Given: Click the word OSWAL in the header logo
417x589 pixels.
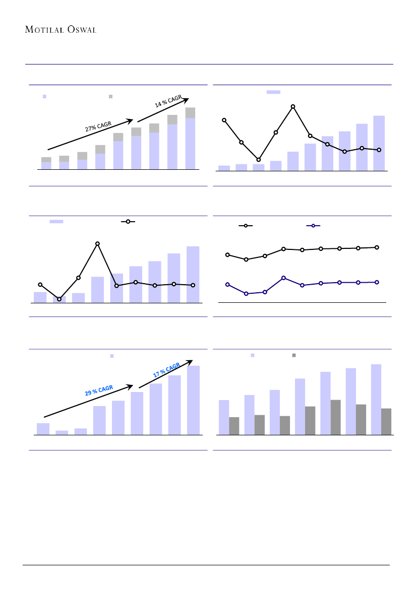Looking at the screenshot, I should pos(81,29).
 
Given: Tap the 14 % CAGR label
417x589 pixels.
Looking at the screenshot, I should pos(168,102).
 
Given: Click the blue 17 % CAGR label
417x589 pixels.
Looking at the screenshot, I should pos(166,370).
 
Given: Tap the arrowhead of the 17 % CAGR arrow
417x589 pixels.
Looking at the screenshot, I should pos(191,361).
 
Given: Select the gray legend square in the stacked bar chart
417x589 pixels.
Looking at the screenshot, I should pos(111,96).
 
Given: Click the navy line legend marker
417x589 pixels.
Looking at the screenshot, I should pos(313,226).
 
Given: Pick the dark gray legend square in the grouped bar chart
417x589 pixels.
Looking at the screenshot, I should pos(294,355).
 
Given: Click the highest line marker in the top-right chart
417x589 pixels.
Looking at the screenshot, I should pos(293,106).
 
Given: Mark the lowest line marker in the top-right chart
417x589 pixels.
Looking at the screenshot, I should pos(259,160).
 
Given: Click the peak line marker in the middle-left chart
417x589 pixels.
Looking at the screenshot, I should pos(98,244).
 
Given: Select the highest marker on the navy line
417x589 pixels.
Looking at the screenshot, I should pos(284,278).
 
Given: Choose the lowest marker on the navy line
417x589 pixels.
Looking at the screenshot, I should pos(246,293).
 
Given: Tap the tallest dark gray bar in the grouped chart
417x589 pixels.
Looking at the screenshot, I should pos(335,417).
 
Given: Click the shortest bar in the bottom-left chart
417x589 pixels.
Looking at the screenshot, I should pos(62,432).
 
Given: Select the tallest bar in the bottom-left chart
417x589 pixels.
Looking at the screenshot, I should pos(193,400).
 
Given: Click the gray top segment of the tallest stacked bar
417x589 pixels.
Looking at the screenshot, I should pos(190,113).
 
